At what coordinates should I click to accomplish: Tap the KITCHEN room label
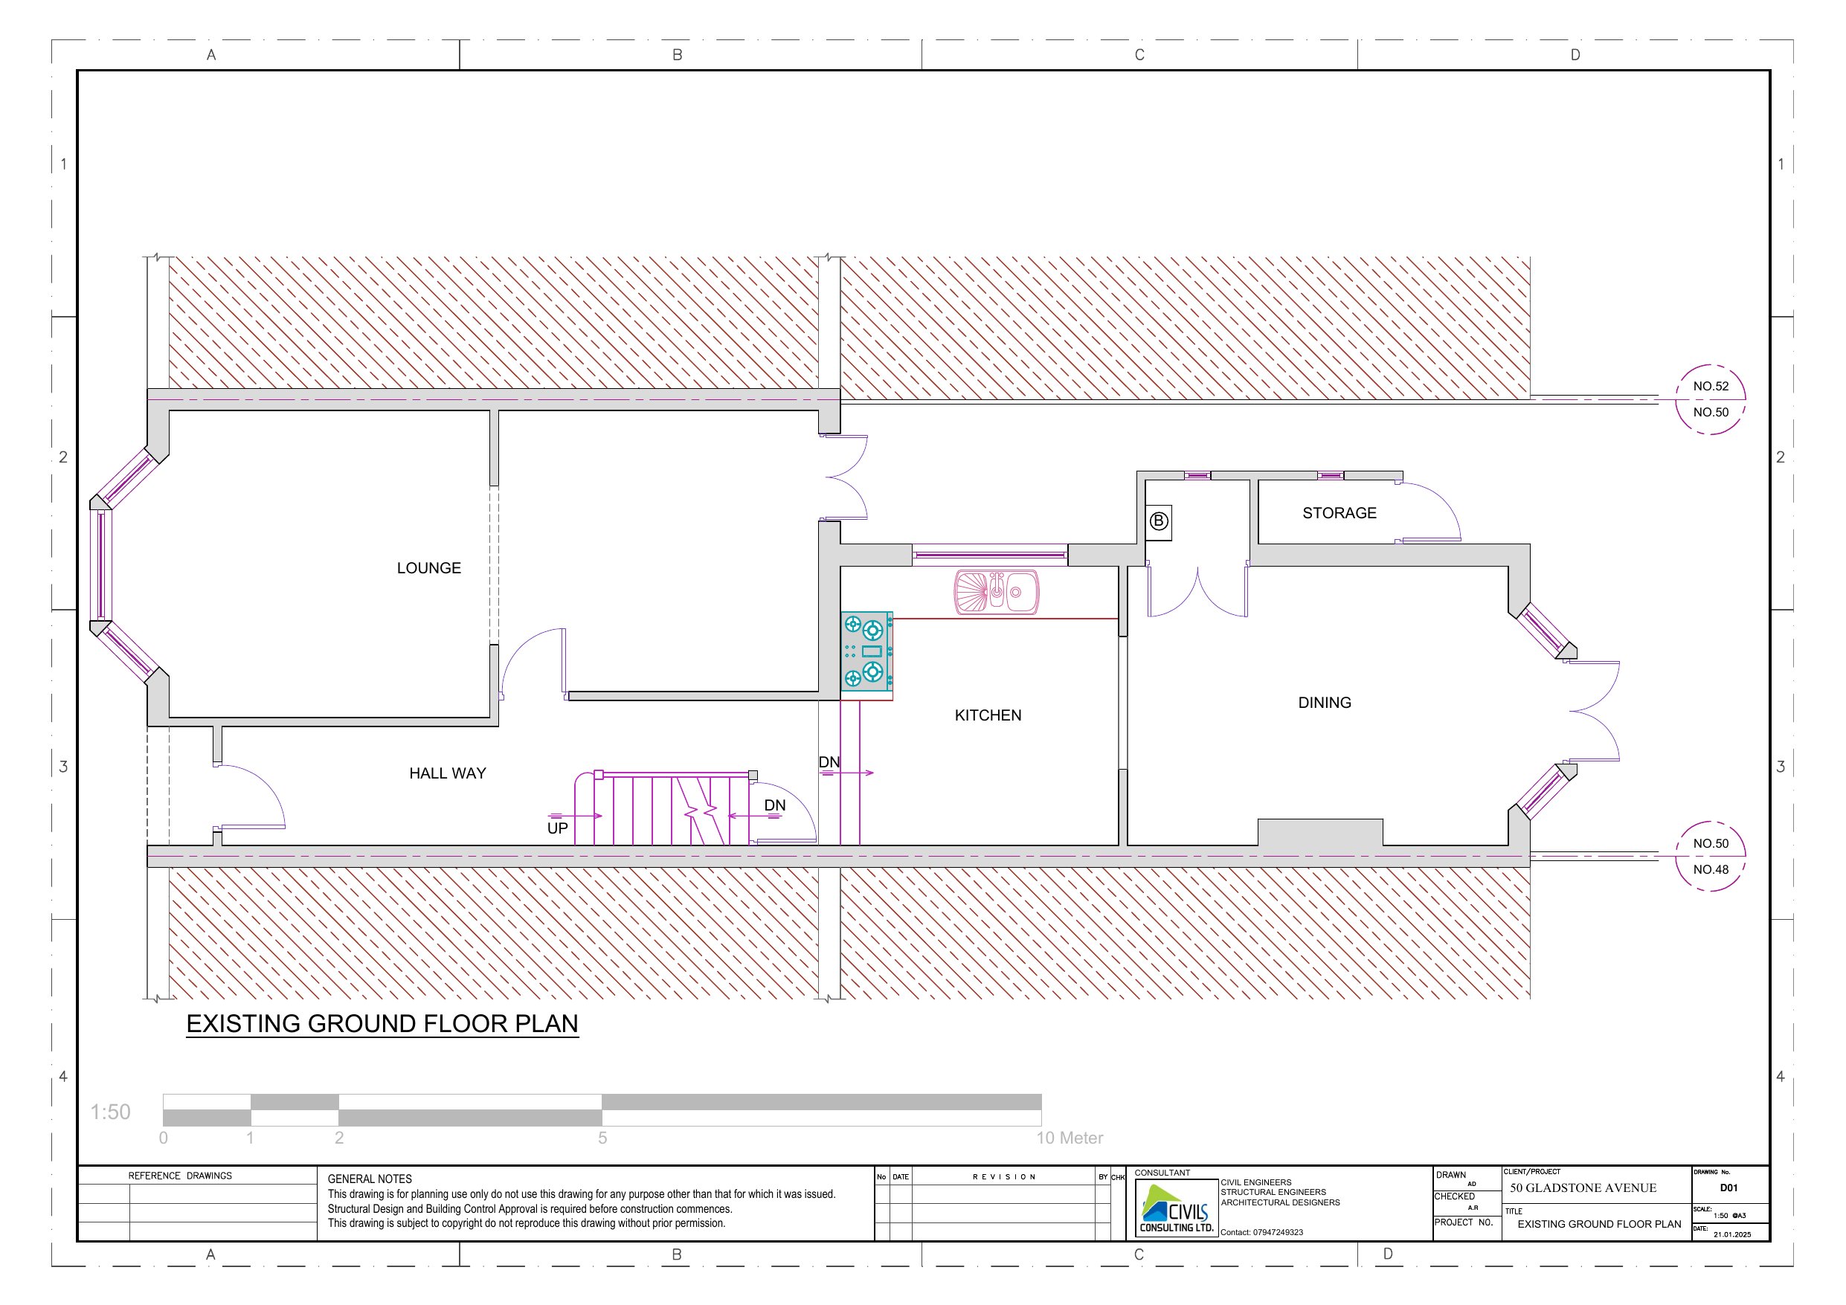tap(987, 715)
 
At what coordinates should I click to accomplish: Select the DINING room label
tap(1324, 703)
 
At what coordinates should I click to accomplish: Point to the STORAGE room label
tap(1339, 513)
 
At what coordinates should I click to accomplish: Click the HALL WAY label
tap(447, 773)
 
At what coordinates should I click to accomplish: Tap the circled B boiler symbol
tap(1159, 521)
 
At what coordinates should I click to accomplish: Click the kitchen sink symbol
tap(996, 593)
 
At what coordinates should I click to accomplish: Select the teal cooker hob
tap(866, 651)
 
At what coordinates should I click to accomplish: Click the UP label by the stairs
tap(557, 828)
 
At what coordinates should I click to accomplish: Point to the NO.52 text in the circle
tap(1710, 386)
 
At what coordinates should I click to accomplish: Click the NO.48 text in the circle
tap(1710, 869)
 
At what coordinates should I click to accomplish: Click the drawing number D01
tap(1728, 1188)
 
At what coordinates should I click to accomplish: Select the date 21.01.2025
tap(1731, 1234)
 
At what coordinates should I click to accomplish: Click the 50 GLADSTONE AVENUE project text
tap(1582, 1188)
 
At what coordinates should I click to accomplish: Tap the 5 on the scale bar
tap(602, 1138)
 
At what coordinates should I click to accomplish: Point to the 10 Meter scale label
tap(1070, 1138)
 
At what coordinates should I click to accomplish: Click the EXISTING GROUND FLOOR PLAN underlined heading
tap(382, 1024)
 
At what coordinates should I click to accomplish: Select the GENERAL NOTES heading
tap(369, 1179)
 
